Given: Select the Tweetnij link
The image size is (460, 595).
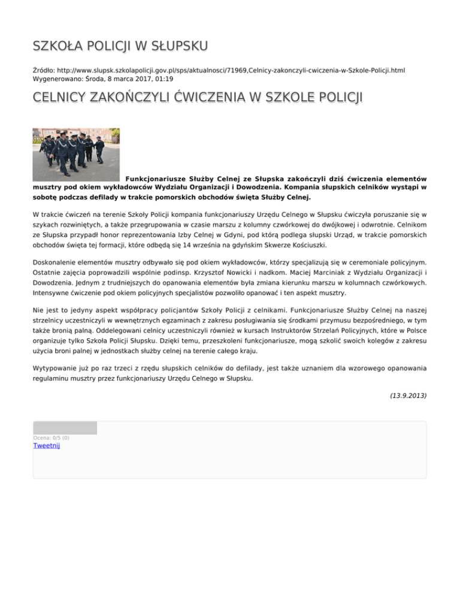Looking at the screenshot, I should tap(47, 445).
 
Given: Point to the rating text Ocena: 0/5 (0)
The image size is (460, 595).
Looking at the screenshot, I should tap(51, 438).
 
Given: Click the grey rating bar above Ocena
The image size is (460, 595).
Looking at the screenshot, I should tap(65, 427).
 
